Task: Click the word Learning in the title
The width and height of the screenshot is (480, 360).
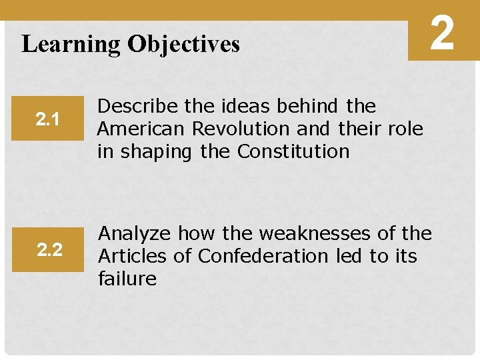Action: (71, 45)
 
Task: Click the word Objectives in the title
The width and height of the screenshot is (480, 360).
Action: (183, 44)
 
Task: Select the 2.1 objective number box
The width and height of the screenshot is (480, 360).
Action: (48, 120)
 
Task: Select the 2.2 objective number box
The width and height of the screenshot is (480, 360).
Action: (49, 250)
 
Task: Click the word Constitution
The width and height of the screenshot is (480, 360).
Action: (293, 151)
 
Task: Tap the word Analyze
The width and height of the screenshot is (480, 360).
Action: (135, 233)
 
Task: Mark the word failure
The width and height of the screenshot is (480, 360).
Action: (127, 279)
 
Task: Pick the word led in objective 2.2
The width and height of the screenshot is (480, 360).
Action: (352, 256)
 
